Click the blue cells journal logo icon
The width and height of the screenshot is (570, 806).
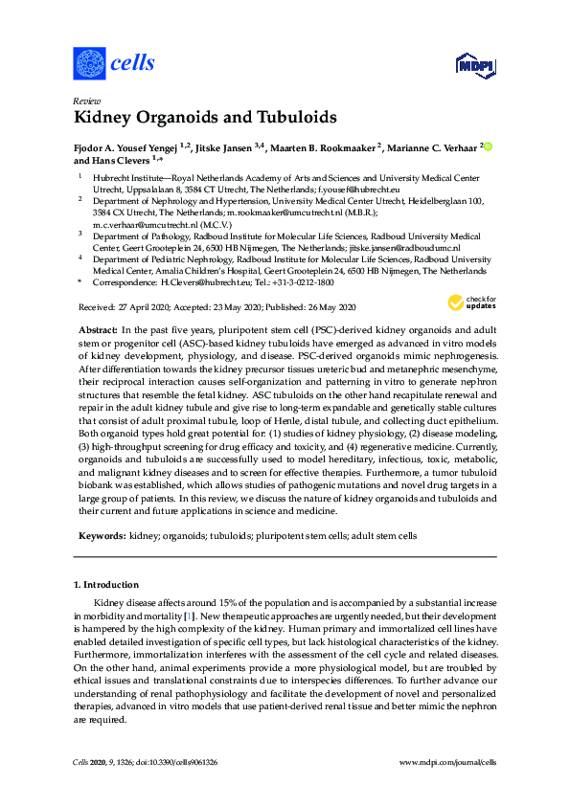coord(89,64)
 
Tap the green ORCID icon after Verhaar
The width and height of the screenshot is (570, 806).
coord(487,146)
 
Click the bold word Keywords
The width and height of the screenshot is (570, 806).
coord(99,537)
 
